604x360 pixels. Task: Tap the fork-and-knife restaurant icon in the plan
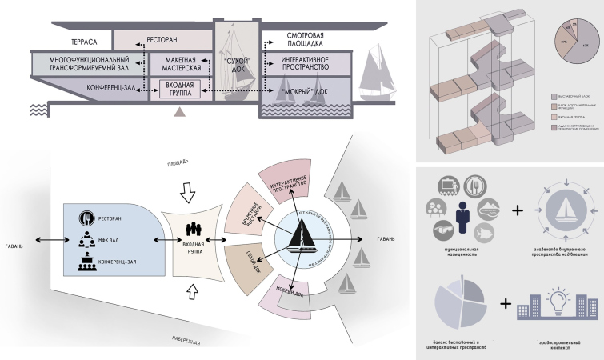(x=89, y=218)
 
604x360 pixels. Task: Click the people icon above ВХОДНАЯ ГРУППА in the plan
(x=192, y=226)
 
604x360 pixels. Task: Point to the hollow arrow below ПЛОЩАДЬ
(x=188, y=192)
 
